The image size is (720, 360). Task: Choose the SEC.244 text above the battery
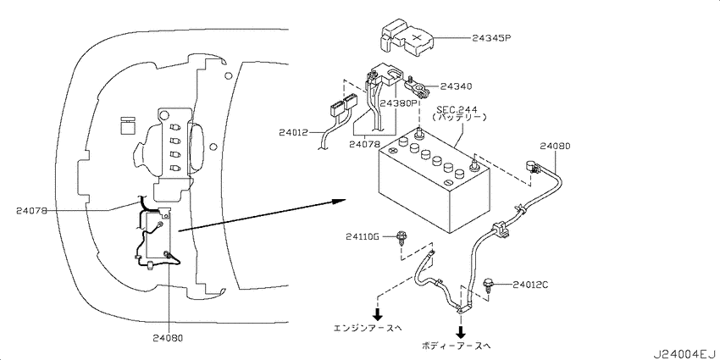point(457,110)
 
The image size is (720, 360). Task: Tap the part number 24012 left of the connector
point(295,132)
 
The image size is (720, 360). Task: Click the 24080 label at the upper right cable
point(555,146)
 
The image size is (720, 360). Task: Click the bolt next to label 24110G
point(402,239)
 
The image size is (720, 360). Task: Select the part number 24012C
point(530,285)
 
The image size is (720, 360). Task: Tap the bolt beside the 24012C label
point(489,285)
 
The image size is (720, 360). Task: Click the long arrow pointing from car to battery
point(263,213)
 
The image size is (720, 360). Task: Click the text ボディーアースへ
point(456,346)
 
